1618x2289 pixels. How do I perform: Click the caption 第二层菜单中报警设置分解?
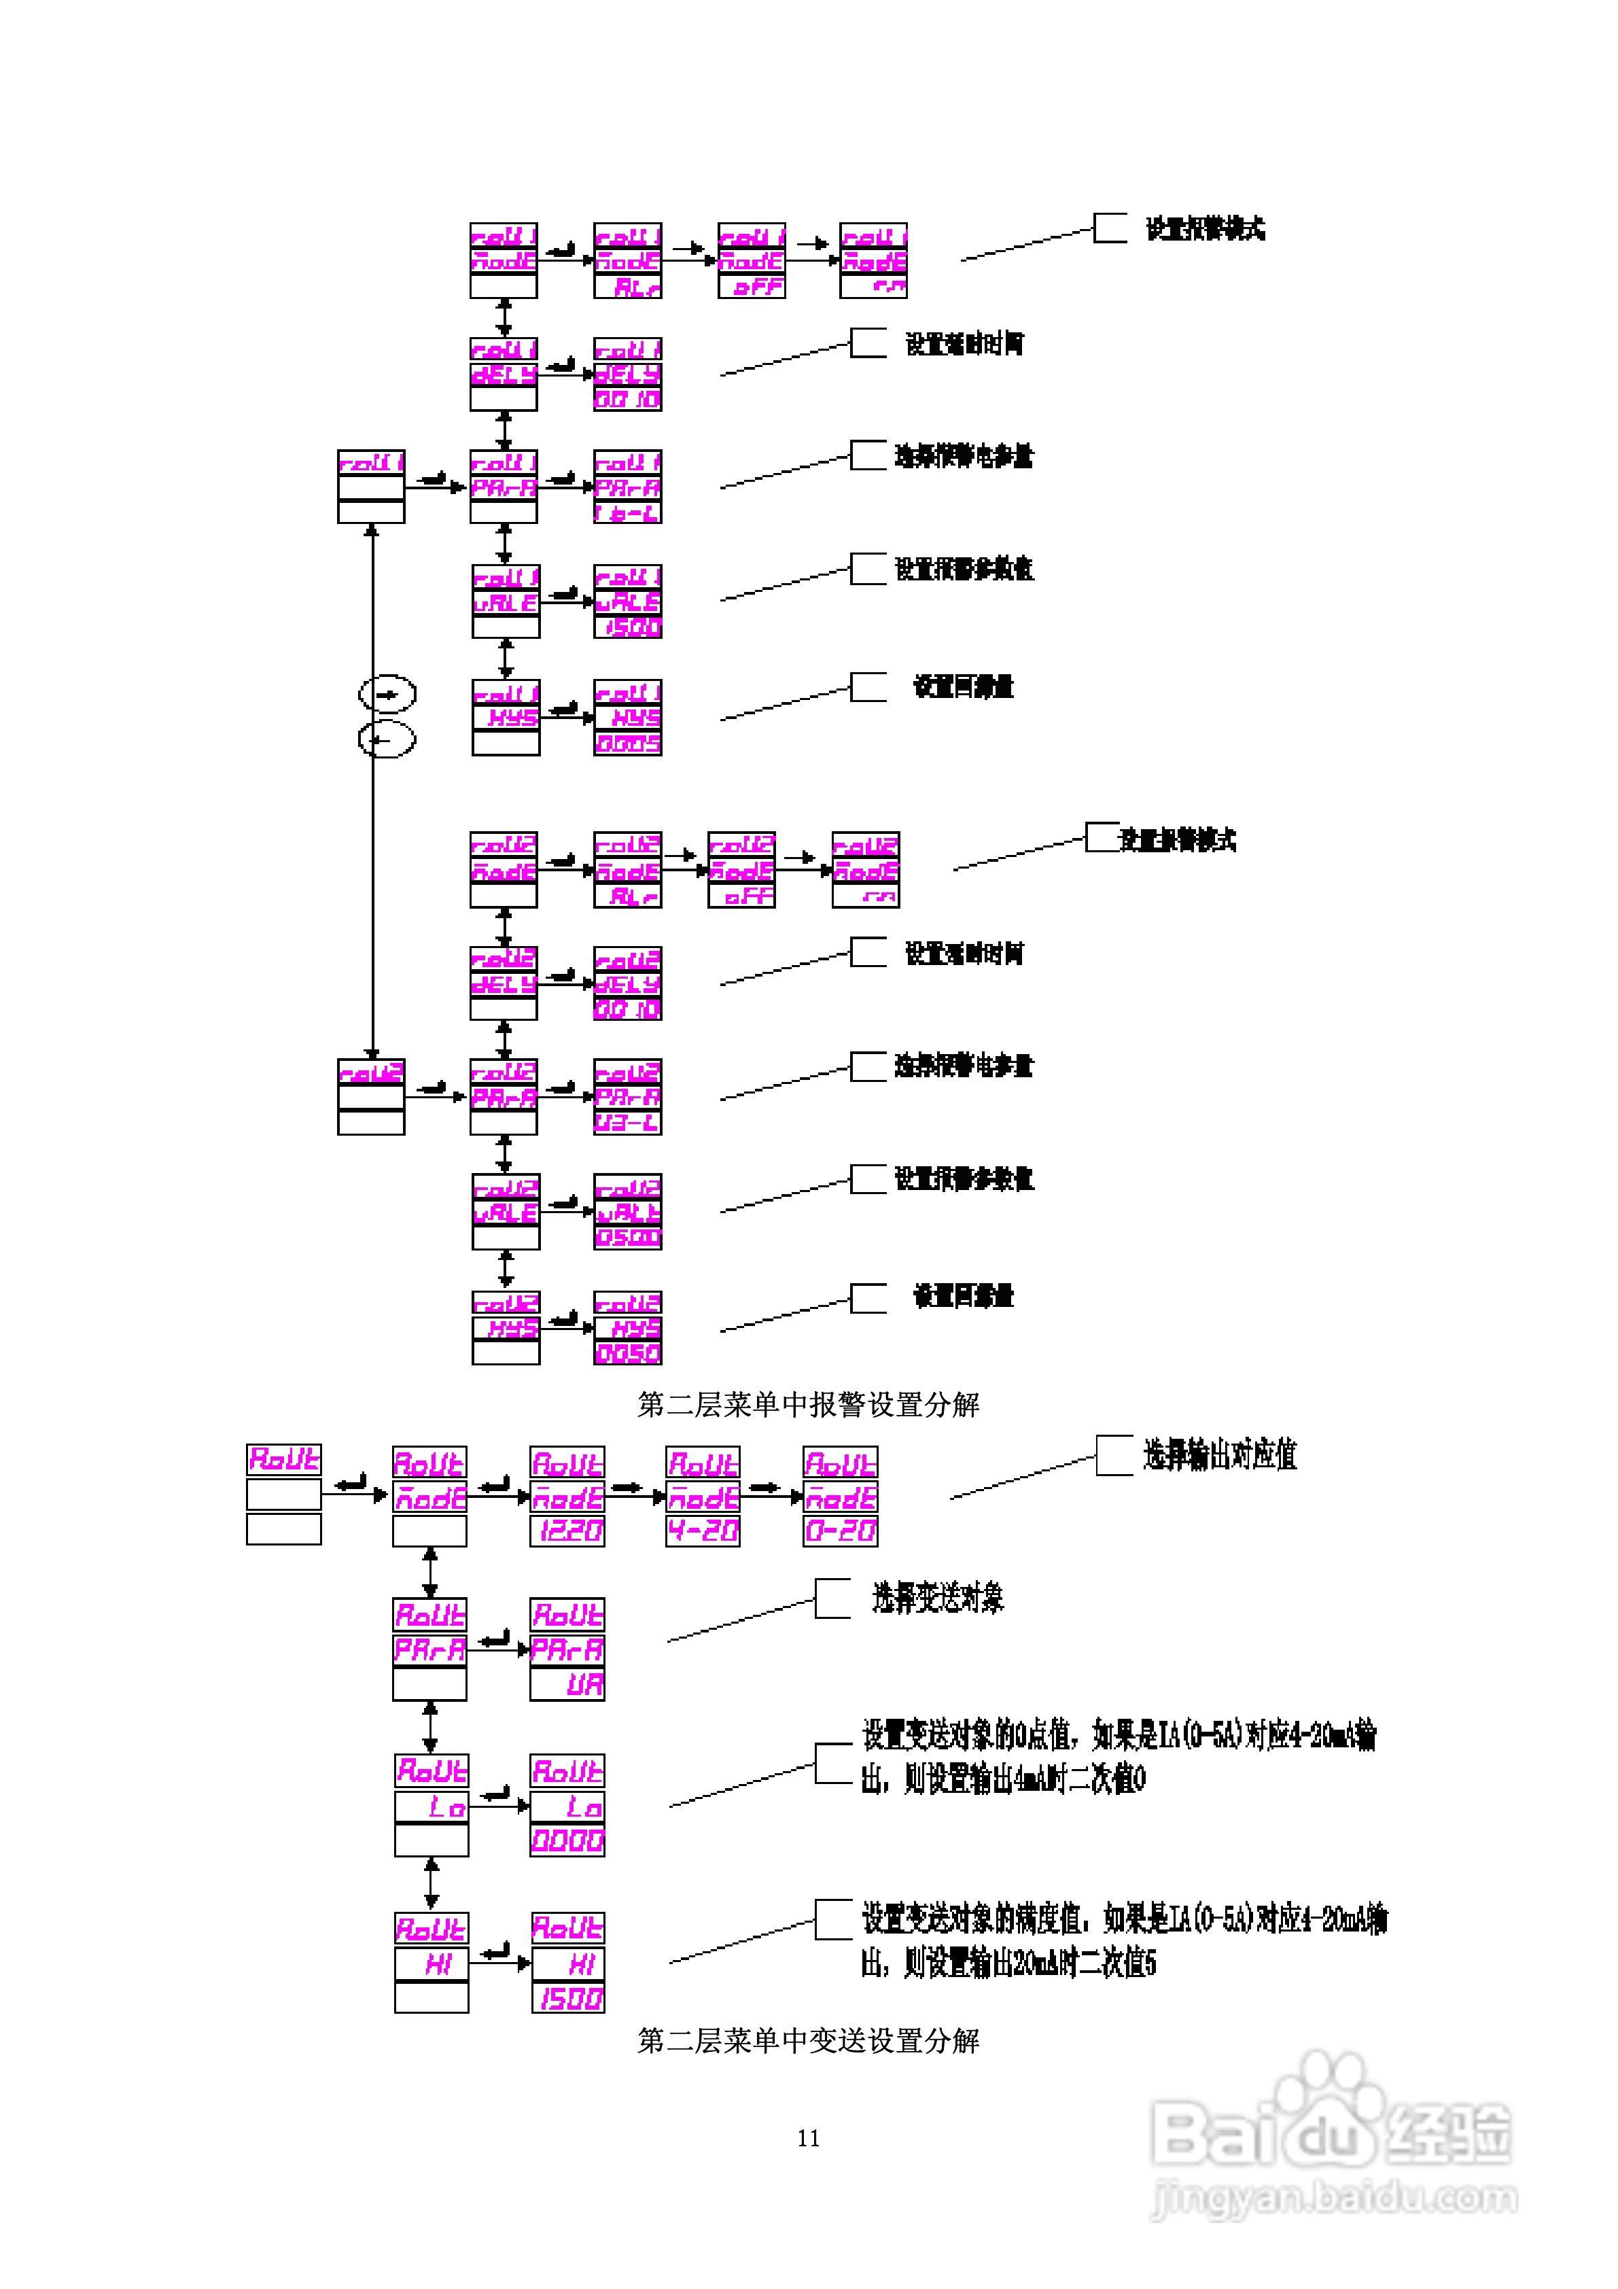(809, 1405)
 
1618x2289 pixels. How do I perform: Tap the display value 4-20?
(703, 1531)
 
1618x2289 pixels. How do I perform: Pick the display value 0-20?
(841, 1531)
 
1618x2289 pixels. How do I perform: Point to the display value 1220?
(567, 1531)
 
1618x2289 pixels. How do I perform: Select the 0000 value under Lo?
(567, 1840)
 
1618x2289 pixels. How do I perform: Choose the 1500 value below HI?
(568, 1998)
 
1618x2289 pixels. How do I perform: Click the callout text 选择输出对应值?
(1219, 1456)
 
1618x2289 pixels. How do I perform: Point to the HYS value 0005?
(628, 744)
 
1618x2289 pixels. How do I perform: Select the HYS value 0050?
(628, 1353)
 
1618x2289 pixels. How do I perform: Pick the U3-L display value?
(628, 1123)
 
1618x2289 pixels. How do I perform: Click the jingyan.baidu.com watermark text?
(1334, 2197)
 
